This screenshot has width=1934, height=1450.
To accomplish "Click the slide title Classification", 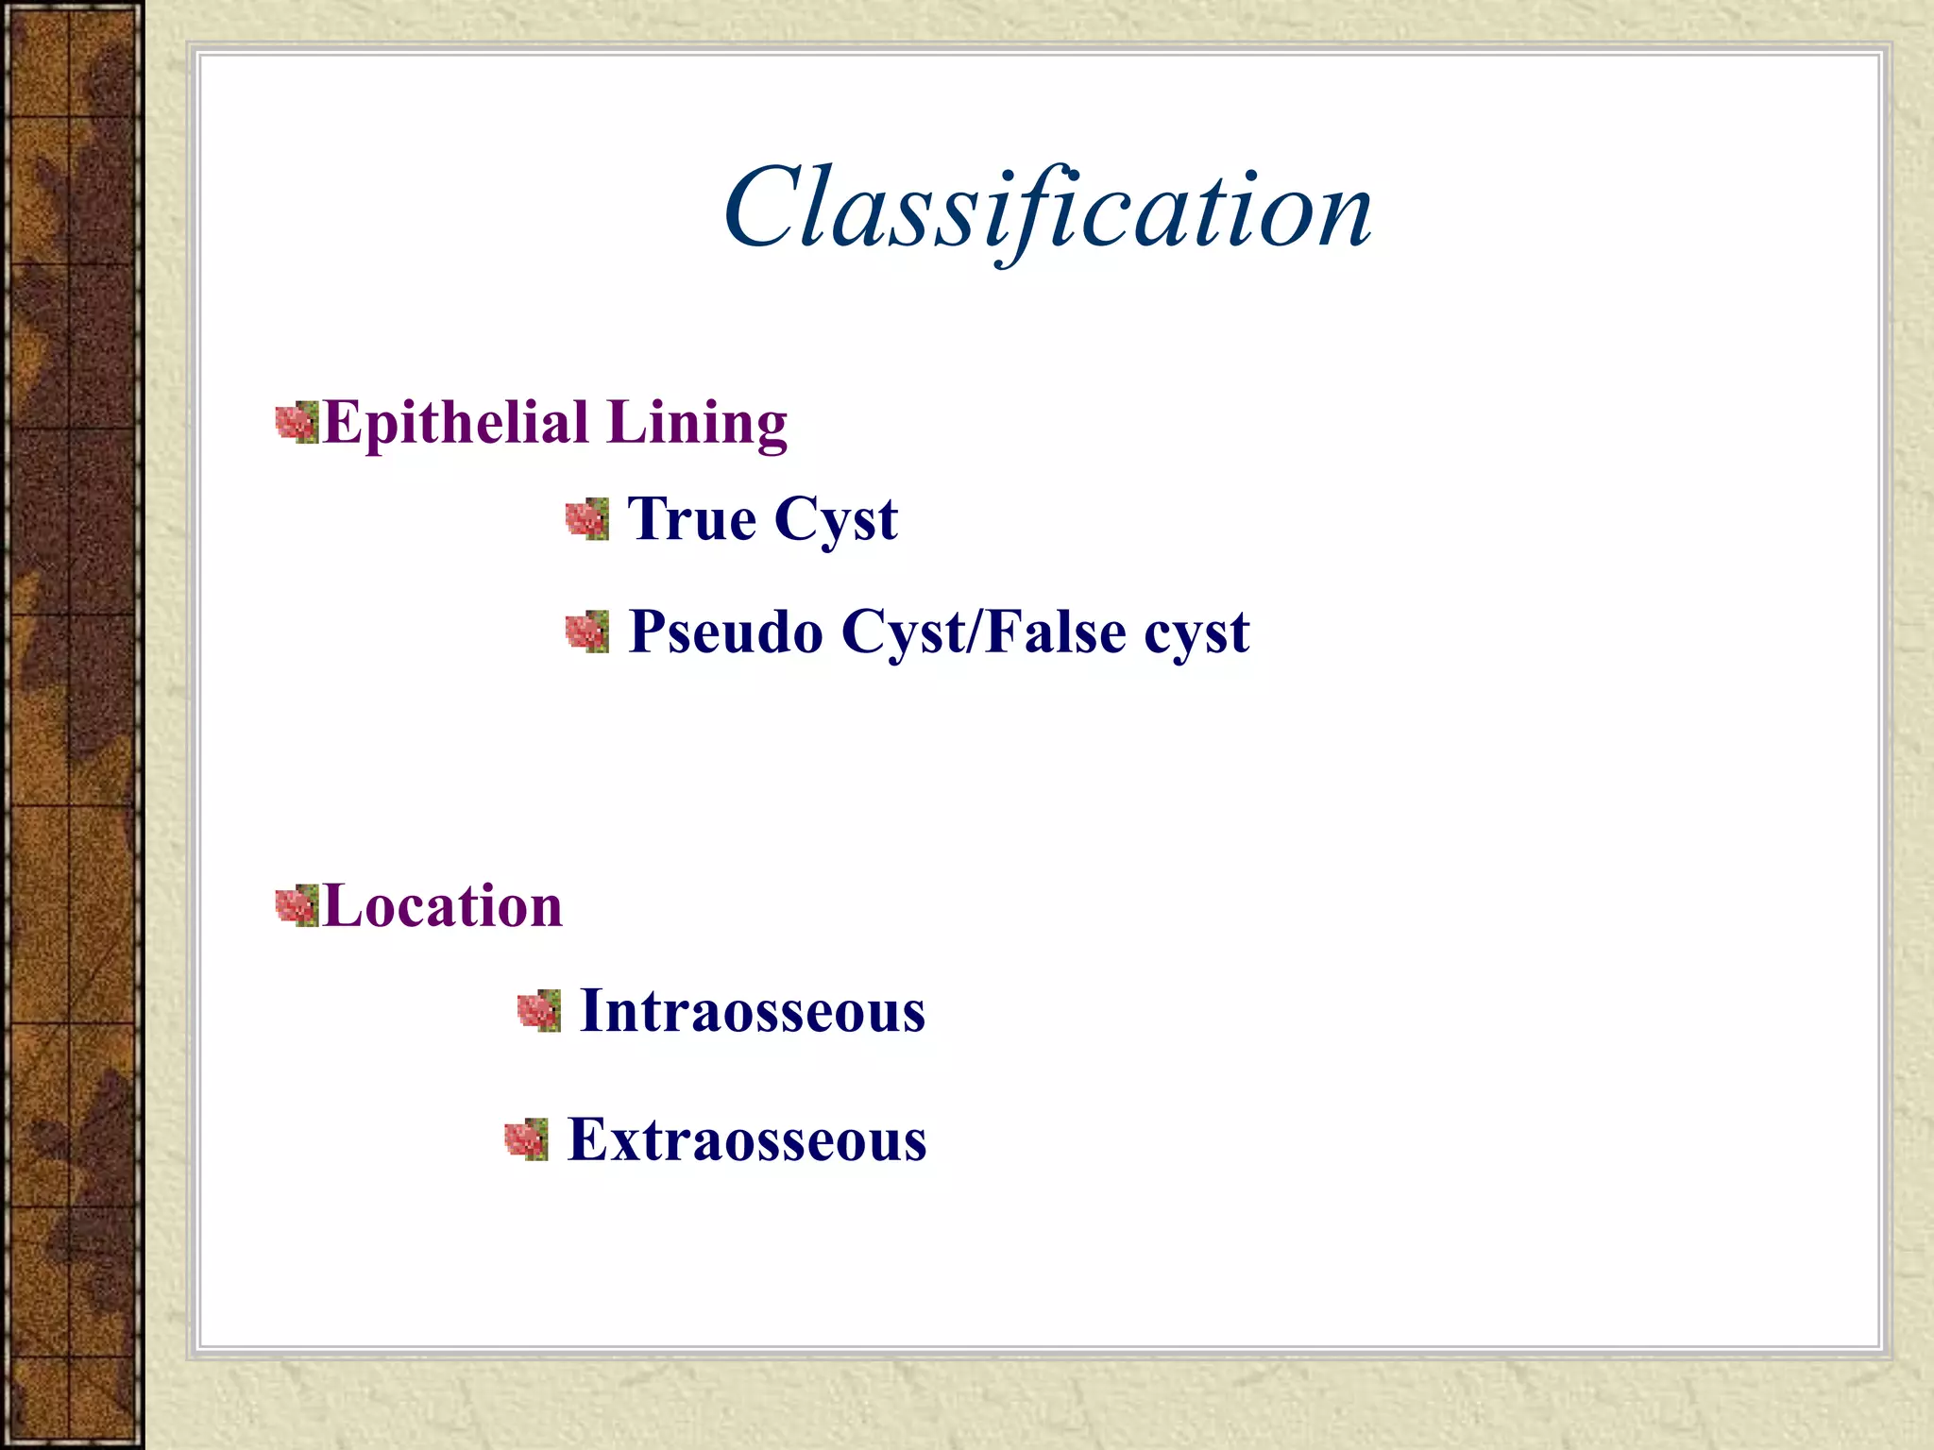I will coord(1046,210).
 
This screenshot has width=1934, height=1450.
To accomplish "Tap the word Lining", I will coord(697,423).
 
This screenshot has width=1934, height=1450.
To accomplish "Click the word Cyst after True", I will coord(836,521).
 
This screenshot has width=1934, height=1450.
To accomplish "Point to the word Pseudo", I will coord(725,632).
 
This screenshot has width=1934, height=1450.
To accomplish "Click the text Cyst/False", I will coord(983,632).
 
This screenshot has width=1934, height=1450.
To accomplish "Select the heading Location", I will coord(442,906).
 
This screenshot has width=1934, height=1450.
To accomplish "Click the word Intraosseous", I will coord(752,1011).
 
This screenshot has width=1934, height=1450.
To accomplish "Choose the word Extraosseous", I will coord(746,1140).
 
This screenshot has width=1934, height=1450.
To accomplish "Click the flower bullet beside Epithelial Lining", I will coord(297,423).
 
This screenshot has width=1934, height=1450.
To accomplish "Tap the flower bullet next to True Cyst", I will coord(586,520).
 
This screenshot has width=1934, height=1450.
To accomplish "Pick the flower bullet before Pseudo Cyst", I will coord(586,632).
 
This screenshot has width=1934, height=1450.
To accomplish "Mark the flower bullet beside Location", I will coord(297,906).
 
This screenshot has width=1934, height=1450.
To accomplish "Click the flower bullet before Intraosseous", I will coord(538,1011).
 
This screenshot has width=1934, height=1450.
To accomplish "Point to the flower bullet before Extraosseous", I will coord(526,1139).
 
